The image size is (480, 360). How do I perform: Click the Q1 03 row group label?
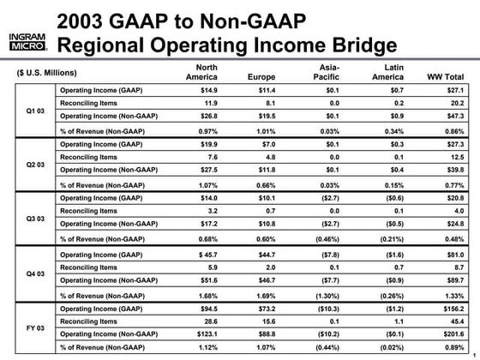28,110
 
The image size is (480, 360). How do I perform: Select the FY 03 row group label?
28,327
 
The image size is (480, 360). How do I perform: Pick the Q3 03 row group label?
28,219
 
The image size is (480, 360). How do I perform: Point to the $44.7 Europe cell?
261,252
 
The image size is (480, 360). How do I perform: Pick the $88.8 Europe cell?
261,333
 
